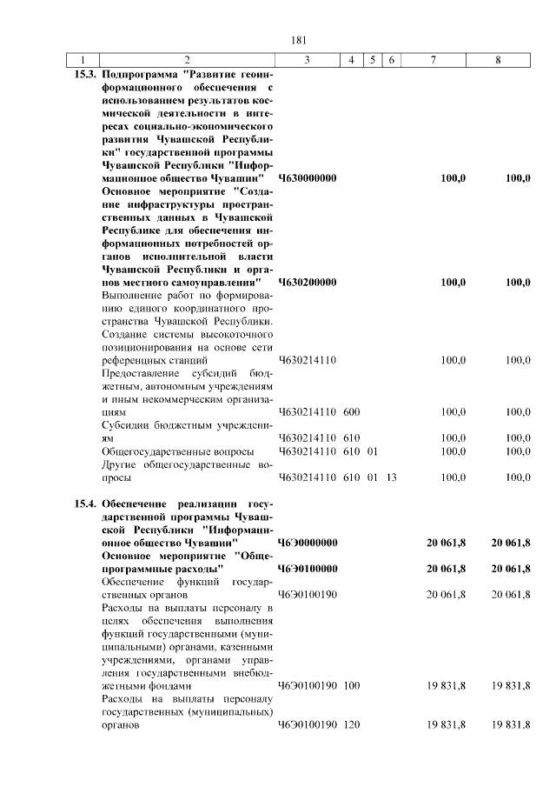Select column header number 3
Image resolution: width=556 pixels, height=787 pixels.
point(308,60)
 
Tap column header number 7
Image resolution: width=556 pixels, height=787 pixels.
point(434,60)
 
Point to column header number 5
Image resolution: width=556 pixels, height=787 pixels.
point(372,60)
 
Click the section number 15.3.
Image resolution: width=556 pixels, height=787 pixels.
point(84,74)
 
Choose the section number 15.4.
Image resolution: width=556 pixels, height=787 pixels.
point(84,504)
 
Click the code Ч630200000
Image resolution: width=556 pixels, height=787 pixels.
point(308,283)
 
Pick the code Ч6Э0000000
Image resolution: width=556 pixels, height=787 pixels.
point(308,544)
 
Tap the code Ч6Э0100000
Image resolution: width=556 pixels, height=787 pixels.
point(308,570)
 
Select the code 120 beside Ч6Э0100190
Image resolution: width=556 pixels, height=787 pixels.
point(352,725)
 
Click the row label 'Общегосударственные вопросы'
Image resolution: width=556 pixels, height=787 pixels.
point(177,451)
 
